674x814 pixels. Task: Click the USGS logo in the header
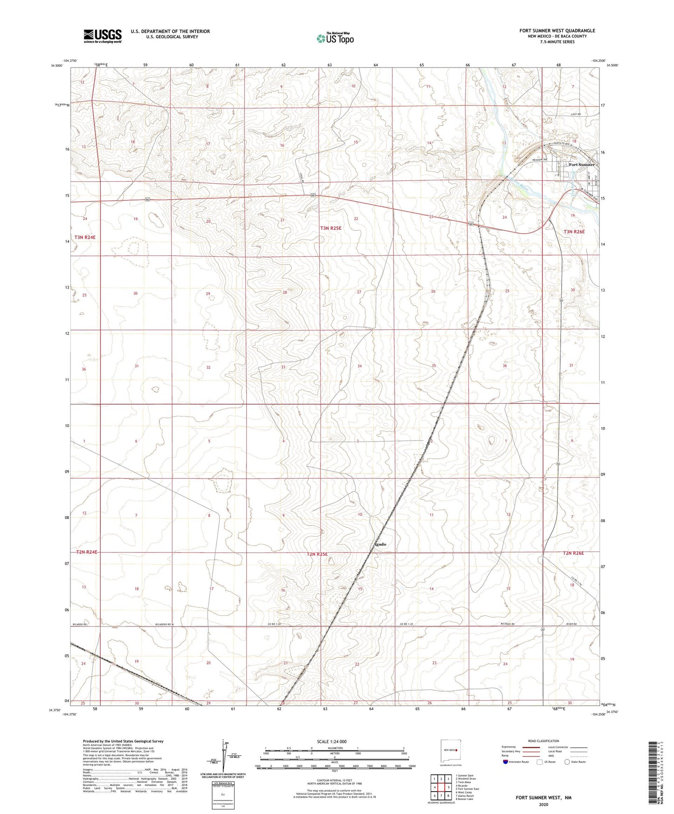(103, 35)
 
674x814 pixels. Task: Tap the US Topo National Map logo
(334, 38)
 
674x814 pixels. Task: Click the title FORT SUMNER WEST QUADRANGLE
(557, 31)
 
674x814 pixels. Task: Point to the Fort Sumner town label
(582, 165)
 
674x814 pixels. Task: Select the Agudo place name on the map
(380, 544)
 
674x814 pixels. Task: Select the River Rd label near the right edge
(571, 624)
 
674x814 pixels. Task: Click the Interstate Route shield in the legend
(506, 762)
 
